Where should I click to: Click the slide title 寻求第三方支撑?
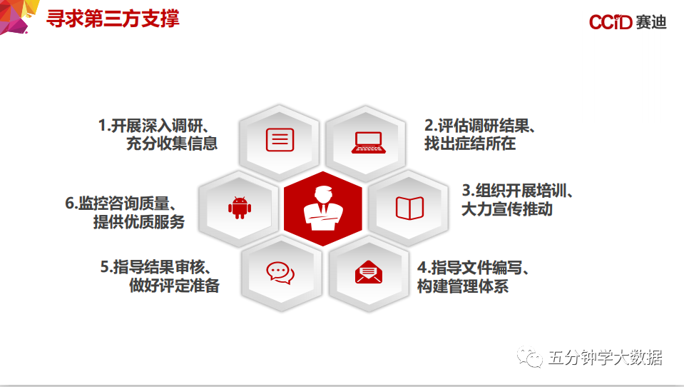(x=113, y=19)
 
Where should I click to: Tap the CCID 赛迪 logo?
(x=628, y=22)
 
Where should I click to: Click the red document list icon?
(x=280, y=140)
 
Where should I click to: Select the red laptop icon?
(x=369, y=142)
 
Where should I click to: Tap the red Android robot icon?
(x=240, y=208)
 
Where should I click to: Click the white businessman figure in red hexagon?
(x=323, y=208)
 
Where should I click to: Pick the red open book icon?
(x=409, y=208)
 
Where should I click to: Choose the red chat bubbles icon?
(x=280, y=273)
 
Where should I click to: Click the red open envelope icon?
(x=369, y=272)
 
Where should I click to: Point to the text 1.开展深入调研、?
(x=154, y=126)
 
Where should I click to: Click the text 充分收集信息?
(x=172, y=144)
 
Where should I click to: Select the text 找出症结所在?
(x=470, y=144)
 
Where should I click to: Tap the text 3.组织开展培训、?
(x=517, y=191)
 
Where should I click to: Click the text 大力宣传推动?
(x=507, y=209)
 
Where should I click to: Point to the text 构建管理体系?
(x=462, y=286)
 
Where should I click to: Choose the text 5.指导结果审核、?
(x=156, y=267)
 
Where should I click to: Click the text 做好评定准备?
(x=174, y=286)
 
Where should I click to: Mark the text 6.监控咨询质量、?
(x=121, y=203)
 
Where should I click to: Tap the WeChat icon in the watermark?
(x=529, y=357)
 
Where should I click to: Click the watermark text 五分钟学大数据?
(x=605, y=358)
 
